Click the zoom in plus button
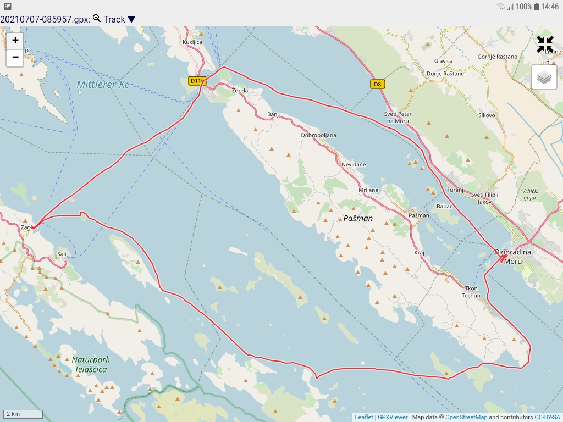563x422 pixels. (x=15, y=40)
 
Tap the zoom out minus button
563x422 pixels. (x=15, y=57)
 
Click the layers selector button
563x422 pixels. (x=544, y=77)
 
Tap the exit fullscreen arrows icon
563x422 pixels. (x=545, y=45)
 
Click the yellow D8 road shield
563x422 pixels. (x=377, y=84)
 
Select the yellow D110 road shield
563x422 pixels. (x=197, y=81)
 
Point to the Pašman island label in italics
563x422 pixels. (x=358, y=218)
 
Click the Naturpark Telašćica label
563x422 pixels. (x=91, y=364)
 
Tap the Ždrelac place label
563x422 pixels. (x=241, y=90)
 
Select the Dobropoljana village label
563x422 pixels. (x=318, y=135)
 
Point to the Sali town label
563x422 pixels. (x=62, y=254)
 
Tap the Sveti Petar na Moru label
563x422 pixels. (x=398, y=118)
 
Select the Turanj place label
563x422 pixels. (x=456, y=189)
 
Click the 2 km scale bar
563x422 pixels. (x=22, y=414)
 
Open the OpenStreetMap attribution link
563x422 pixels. (x=466, y=417)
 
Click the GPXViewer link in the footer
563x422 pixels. (x=393, y=417)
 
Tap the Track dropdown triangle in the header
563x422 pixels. (x=131, y=20)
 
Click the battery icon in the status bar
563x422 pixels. (x=536, y=7)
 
